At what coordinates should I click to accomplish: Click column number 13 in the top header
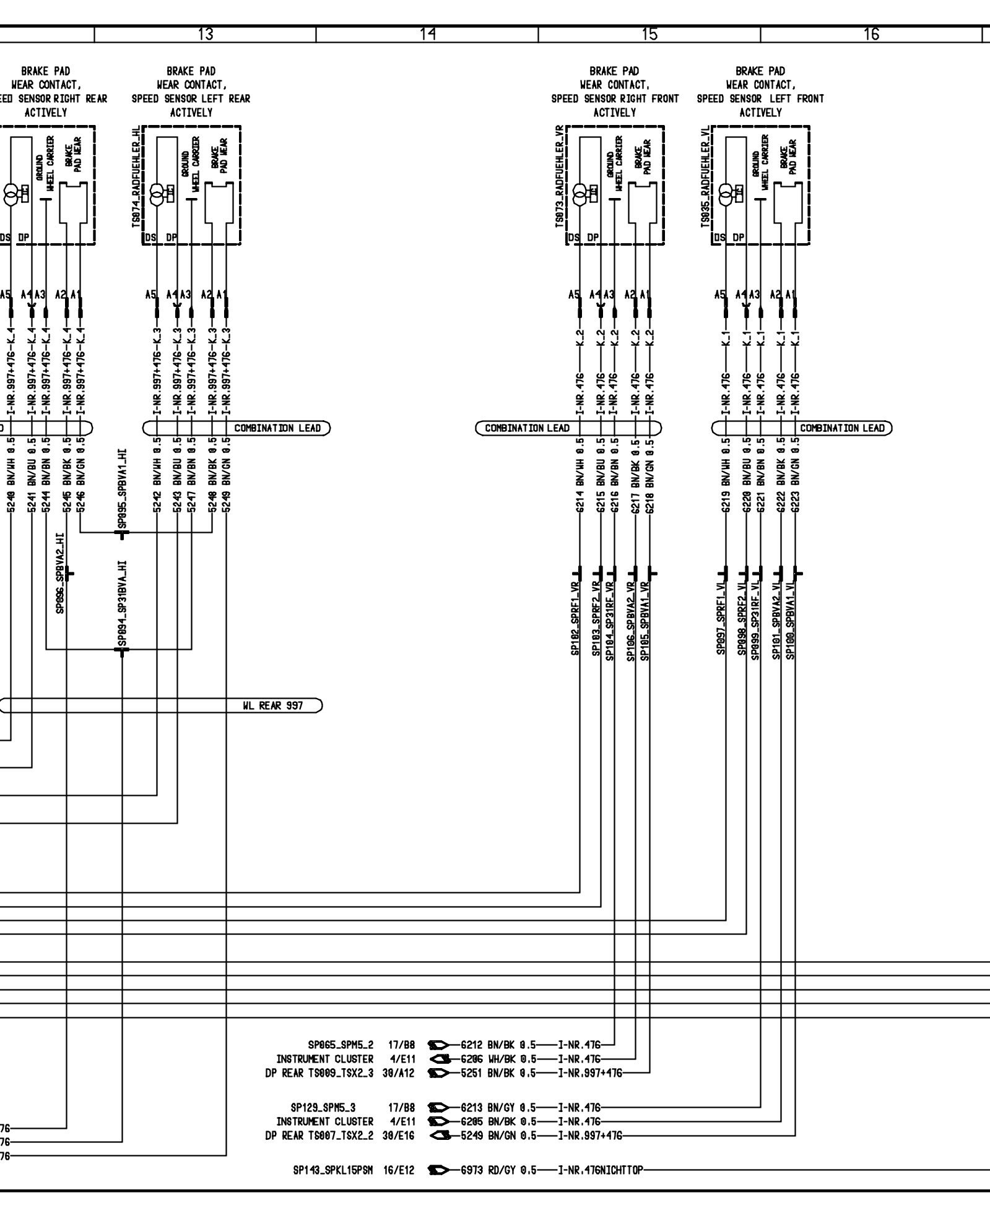point(206,35)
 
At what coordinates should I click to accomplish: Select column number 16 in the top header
point(871,35)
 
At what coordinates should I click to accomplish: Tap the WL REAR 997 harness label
point(272,705)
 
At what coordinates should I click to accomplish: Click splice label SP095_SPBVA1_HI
point(123,489)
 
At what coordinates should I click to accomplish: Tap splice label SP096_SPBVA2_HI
point(60,572)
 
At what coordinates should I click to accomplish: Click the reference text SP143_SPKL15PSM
point(332,1170)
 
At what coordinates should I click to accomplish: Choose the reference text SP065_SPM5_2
point(341,1045)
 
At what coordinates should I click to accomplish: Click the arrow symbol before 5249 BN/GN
point(439,1136)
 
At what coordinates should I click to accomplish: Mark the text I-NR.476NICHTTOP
point(601,1170)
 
